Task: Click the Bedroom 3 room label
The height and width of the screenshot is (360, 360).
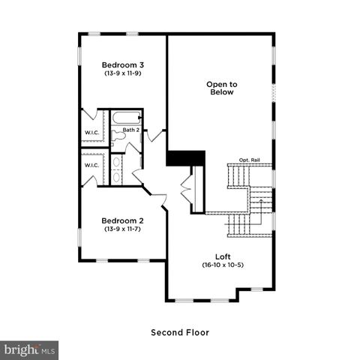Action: coord(123,65)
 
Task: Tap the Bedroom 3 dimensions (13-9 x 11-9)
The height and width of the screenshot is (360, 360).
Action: coord(123,74)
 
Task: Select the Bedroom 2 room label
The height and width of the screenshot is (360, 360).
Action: coord(123,220)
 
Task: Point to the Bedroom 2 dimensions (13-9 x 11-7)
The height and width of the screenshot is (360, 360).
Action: coord(123,229)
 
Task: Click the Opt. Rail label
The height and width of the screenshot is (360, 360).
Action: coord(250,160)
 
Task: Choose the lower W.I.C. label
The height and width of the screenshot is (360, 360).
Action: coord(91,165)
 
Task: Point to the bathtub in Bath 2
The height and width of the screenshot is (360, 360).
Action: coord(126,117)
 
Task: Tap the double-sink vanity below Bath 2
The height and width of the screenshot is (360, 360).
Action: coord(117,168)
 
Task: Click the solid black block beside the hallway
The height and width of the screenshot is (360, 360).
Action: coord(185,158)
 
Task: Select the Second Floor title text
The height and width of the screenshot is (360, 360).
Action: coord(180,332)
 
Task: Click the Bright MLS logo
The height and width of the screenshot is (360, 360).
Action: coord(30,350)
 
